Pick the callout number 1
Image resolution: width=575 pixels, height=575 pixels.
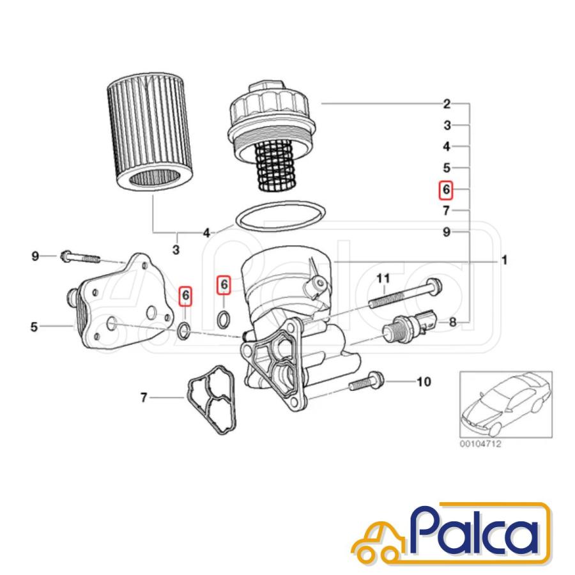505,261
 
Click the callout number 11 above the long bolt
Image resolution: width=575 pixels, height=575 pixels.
383,279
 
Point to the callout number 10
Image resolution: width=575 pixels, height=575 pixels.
424,382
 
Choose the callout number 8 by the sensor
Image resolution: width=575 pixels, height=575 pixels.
453,323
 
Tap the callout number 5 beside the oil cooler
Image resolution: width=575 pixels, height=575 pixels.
34,326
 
